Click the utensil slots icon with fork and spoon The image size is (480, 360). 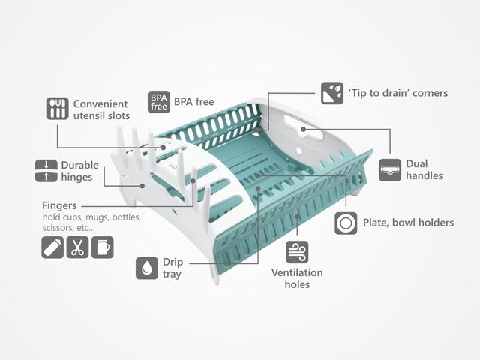57,108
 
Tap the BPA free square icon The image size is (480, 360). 159,102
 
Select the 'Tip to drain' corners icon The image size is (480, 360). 332,93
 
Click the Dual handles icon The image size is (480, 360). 390,170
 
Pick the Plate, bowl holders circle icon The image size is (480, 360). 346,223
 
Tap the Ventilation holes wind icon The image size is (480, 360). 297,252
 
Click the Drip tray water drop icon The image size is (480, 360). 147,268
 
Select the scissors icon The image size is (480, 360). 77,247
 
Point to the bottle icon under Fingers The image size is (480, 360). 52,247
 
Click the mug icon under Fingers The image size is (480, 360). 103,247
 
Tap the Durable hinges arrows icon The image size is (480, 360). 46,171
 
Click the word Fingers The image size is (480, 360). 59,206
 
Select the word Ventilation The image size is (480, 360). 297,272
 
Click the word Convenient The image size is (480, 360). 100,103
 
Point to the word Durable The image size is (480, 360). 80,165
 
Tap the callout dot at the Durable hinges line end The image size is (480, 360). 142,186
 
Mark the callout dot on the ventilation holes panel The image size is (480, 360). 297,217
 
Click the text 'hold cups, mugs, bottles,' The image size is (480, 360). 91,217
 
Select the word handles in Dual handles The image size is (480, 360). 424,175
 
